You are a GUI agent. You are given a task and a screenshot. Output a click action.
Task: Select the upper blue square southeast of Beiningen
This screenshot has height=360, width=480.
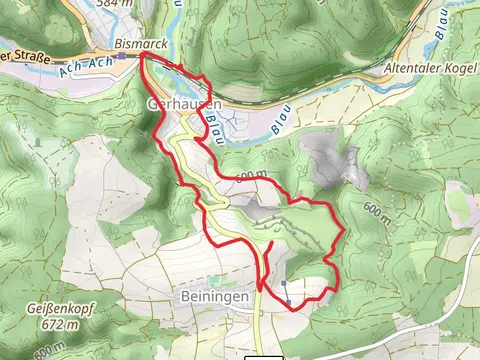tap(286, 283)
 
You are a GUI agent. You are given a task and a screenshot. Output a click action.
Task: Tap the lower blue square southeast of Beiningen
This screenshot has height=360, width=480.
tap(288, 299)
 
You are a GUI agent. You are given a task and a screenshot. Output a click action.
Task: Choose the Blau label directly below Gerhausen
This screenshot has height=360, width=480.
tap(213, 124)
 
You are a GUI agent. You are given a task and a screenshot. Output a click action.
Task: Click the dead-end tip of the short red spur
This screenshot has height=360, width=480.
tap(271, 243)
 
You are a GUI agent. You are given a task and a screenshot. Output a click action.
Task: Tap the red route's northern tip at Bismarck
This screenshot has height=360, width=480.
tap(142, 57)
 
